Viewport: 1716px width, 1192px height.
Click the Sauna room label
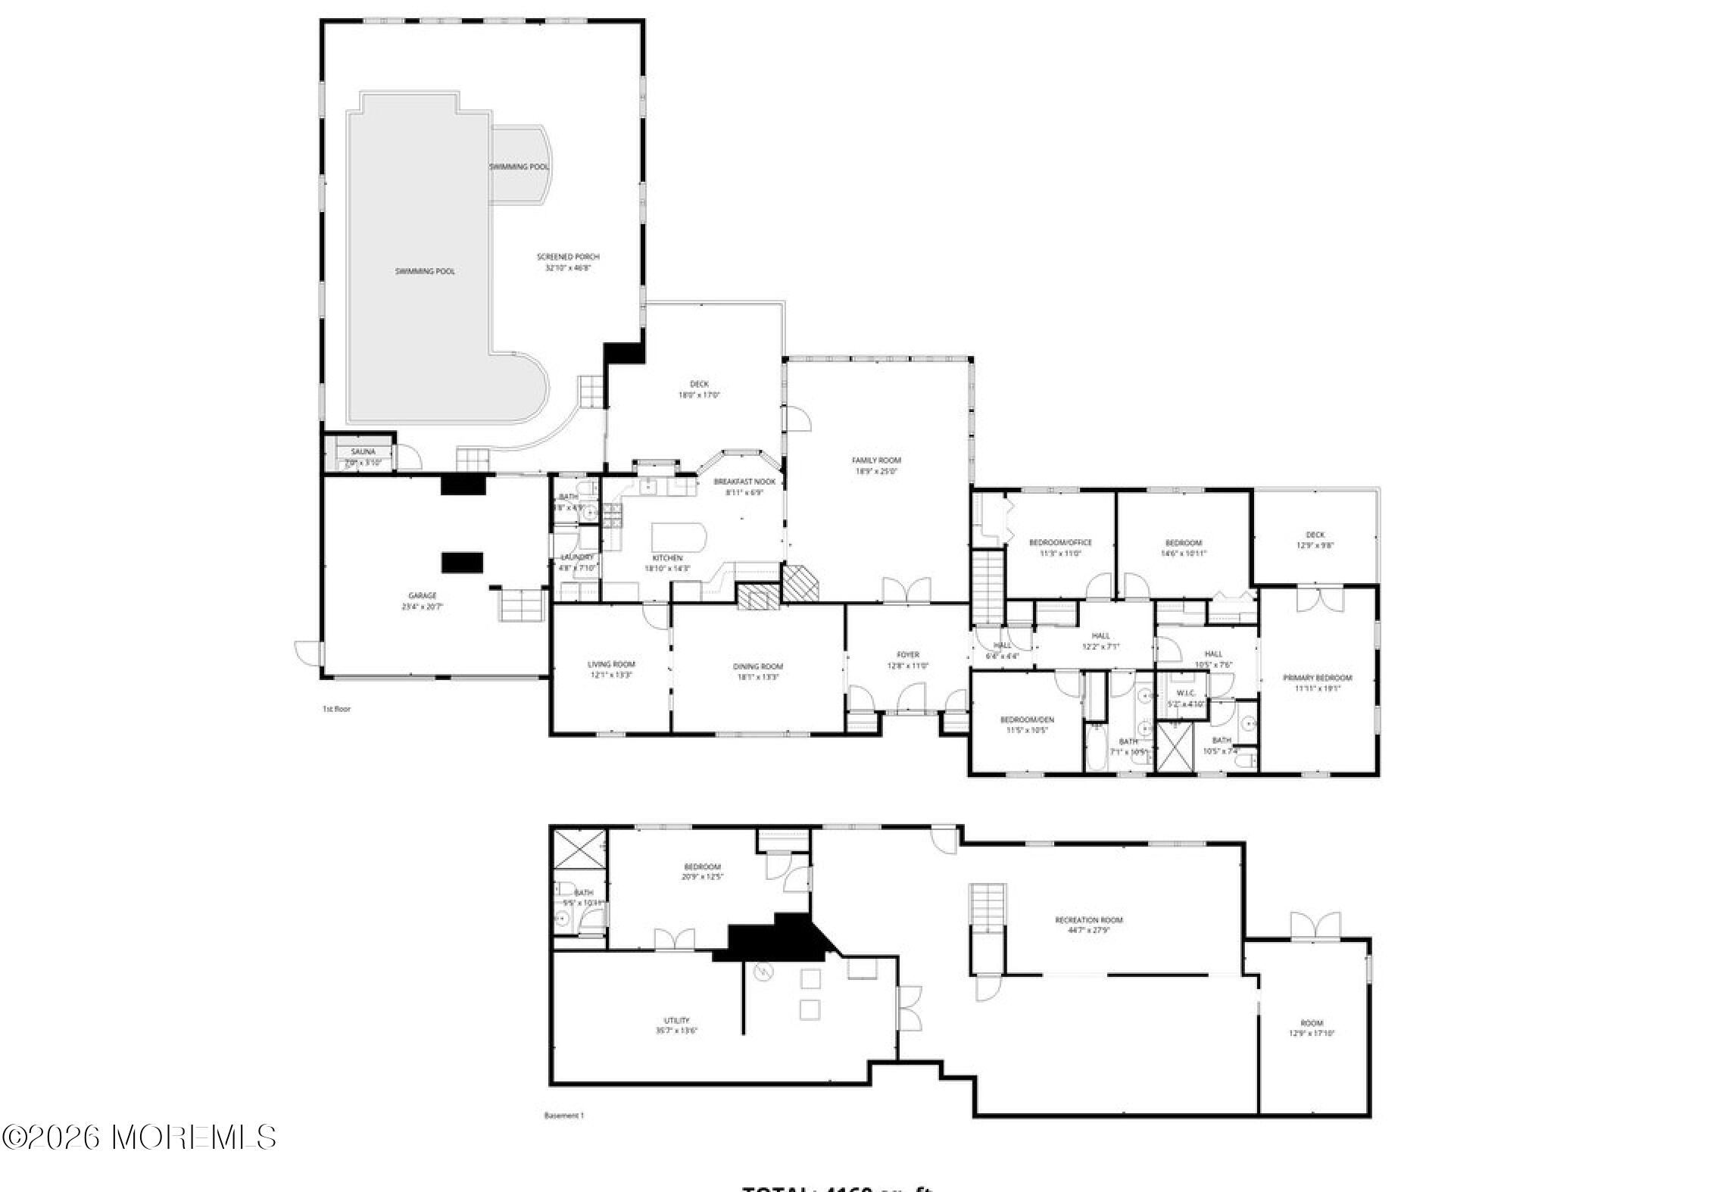tap(363, 452)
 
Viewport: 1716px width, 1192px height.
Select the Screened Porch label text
tap(567, 257)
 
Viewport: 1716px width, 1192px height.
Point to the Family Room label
tap(876, 460)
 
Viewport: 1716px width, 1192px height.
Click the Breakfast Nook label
tap(744, 482)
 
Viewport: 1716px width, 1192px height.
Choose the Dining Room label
tap(757, 666)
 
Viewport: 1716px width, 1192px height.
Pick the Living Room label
tap(611, 664)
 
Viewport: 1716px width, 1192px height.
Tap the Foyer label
tap(907, 655)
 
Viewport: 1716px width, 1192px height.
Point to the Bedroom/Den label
tap(1026, 719)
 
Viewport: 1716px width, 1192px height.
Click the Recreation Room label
tap(1089, 920)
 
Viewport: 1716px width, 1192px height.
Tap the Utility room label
tap(676, 1021)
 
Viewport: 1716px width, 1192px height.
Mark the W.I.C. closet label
tap(1185, 693)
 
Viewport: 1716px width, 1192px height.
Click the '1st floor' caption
tap(336, 710)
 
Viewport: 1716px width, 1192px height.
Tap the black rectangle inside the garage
tap(462, 562)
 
